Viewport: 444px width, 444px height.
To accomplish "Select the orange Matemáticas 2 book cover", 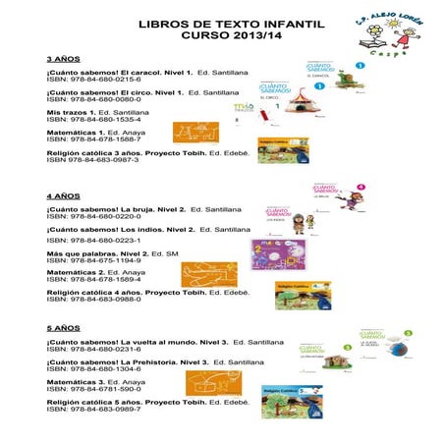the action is tap(209, 272).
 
